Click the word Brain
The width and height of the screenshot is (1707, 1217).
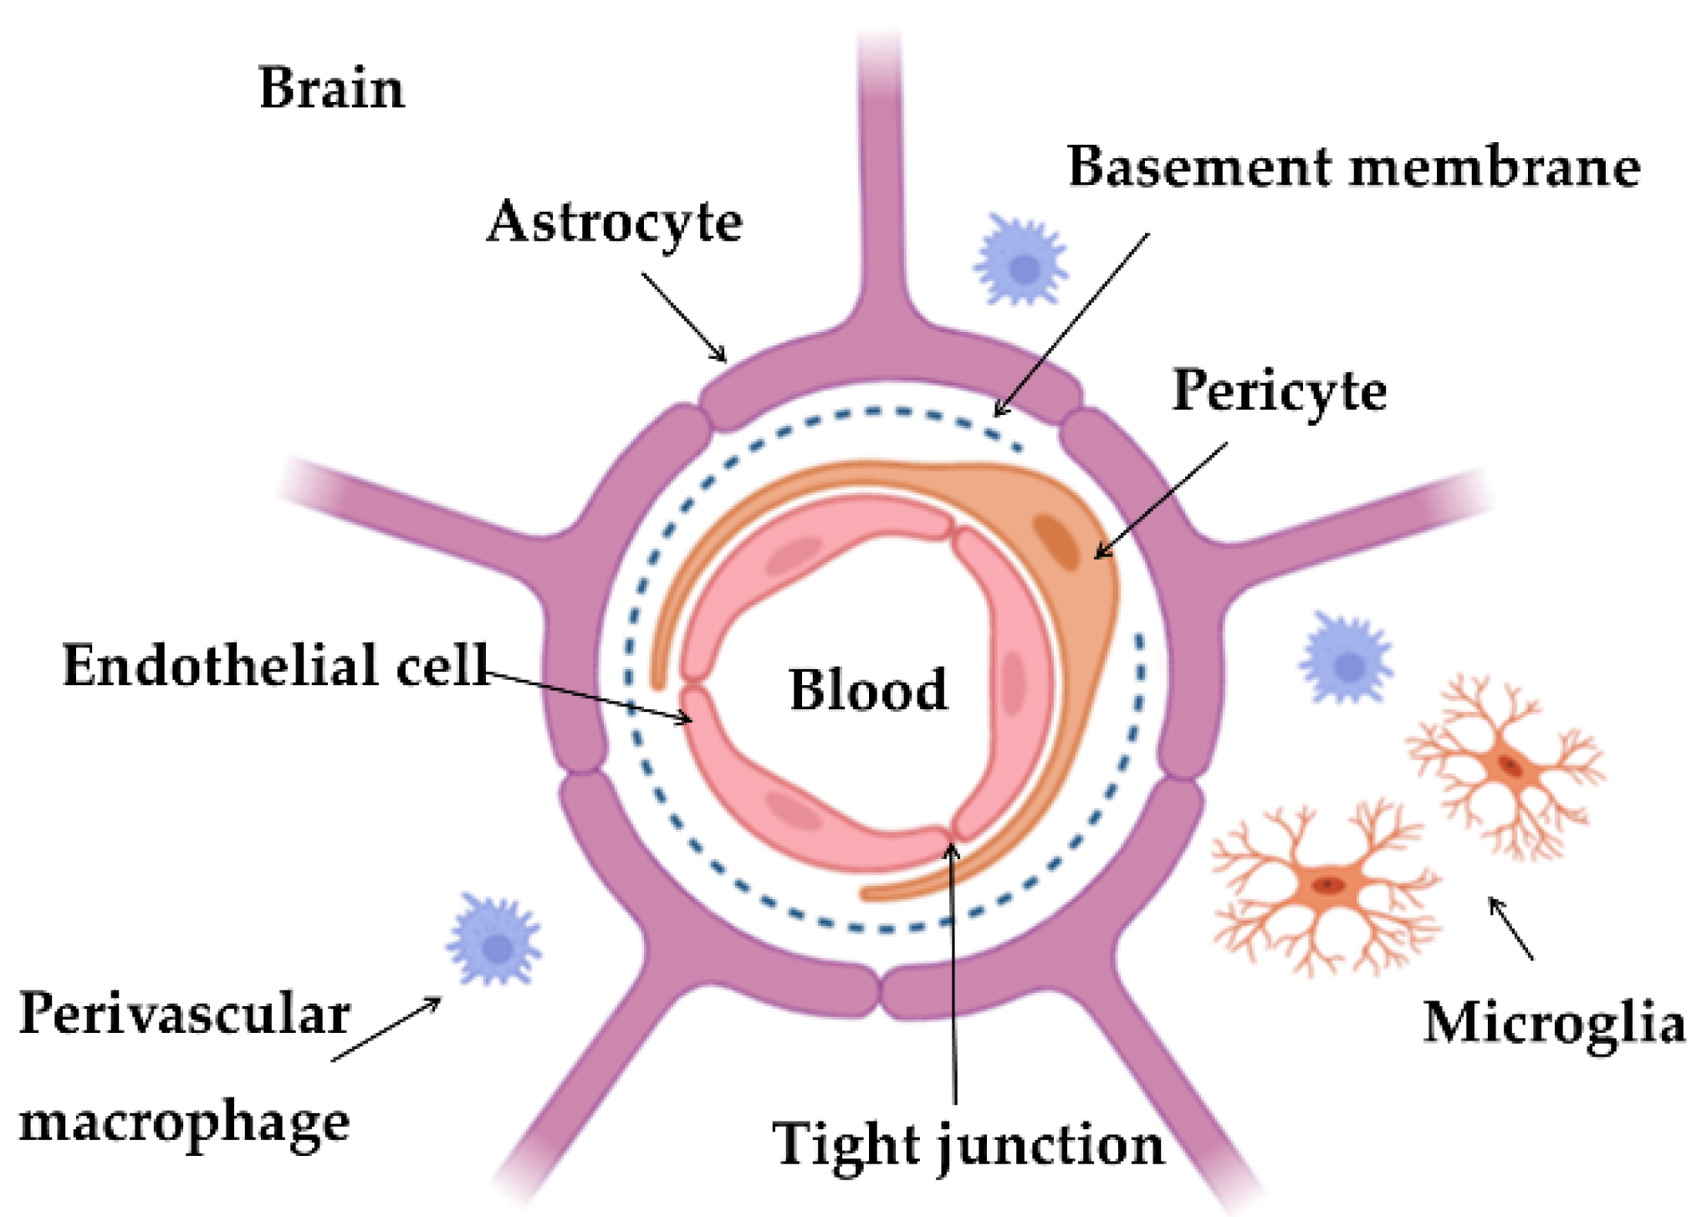coord(331,88)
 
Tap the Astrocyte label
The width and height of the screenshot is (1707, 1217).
coord(615,222)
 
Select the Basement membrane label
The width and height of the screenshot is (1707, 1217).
coord(1353,166)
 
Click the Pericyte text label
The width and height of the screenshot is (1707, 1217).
coord(1279,391)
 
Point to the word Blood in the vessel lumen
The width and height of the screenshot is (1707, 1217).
coord(868,690)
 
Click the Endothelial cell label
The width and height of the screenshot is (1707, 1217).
coord(275,666)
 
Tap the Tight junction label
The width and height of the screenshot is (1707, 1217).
coord(968,1144)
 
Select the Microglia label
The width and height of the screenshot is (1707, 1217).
coord(1554,1022)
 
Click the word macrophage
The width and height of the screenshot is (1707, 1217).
coord(184,1122)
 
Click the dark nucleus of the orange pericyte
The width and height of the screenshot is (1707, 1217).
coord(1057,542)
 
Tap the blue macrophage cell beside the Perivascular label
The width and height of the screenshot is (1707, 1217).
coord(495,940)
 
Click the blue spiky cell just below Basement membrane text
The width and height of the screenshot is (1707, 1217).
coord(1021,260)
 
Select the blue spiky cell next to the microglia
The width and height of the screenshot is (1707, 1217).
coord(1346,658)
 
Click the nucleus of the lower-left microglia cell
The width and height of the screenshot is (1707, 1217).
coord(1327,885)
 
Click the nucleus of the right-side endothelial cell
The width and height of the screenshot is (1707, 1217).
coord(1014,683)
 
